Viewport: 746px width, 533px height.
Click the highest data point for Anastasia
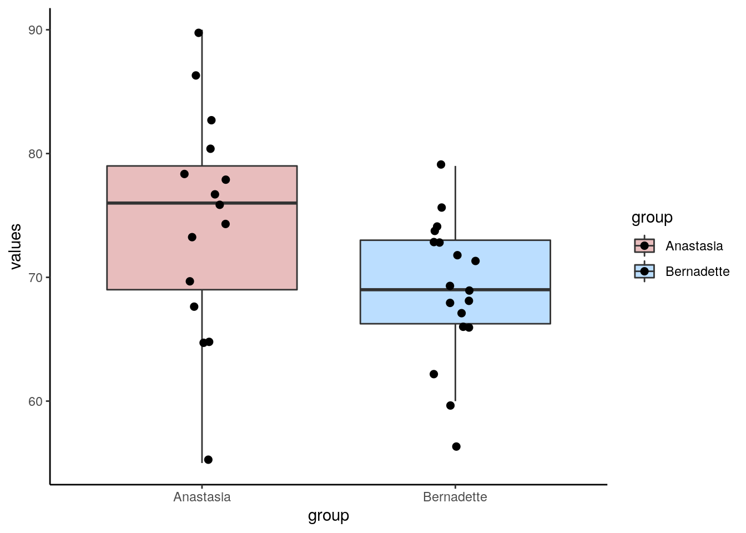199,33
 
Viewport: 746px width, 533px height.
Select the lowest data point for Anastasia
208,460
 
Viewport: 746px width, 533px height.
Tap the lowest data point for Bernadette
456,446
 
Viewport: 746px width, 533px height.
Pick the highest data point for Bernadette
441,164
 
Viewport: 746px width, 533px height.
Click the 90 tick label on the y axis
36,30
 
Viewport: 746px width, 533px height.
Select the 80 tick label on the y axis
36,154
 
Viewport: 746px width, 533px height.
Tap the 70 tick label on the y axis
36,278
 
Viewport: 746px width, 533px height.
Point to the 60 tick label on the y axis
36,401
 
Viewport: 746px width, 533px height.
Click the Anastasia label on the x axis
202,497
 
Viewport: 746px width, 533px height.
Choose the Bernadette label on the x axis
455,497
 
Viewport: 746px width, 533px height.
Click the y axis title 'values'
16,246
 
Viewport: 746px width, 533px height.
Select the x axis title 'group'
329,516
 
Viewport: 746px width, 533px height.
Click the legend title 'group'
652,218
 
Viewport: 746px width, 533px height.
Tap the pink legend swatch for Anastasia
644,245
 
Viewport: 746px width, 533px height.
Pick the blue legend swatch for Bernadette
644,271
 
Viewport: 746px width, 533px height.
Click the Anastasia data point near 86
196,76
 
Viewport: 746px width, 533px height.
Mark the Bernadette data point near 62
434,374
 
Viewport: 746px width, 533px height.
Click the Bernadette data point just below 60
450,405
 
